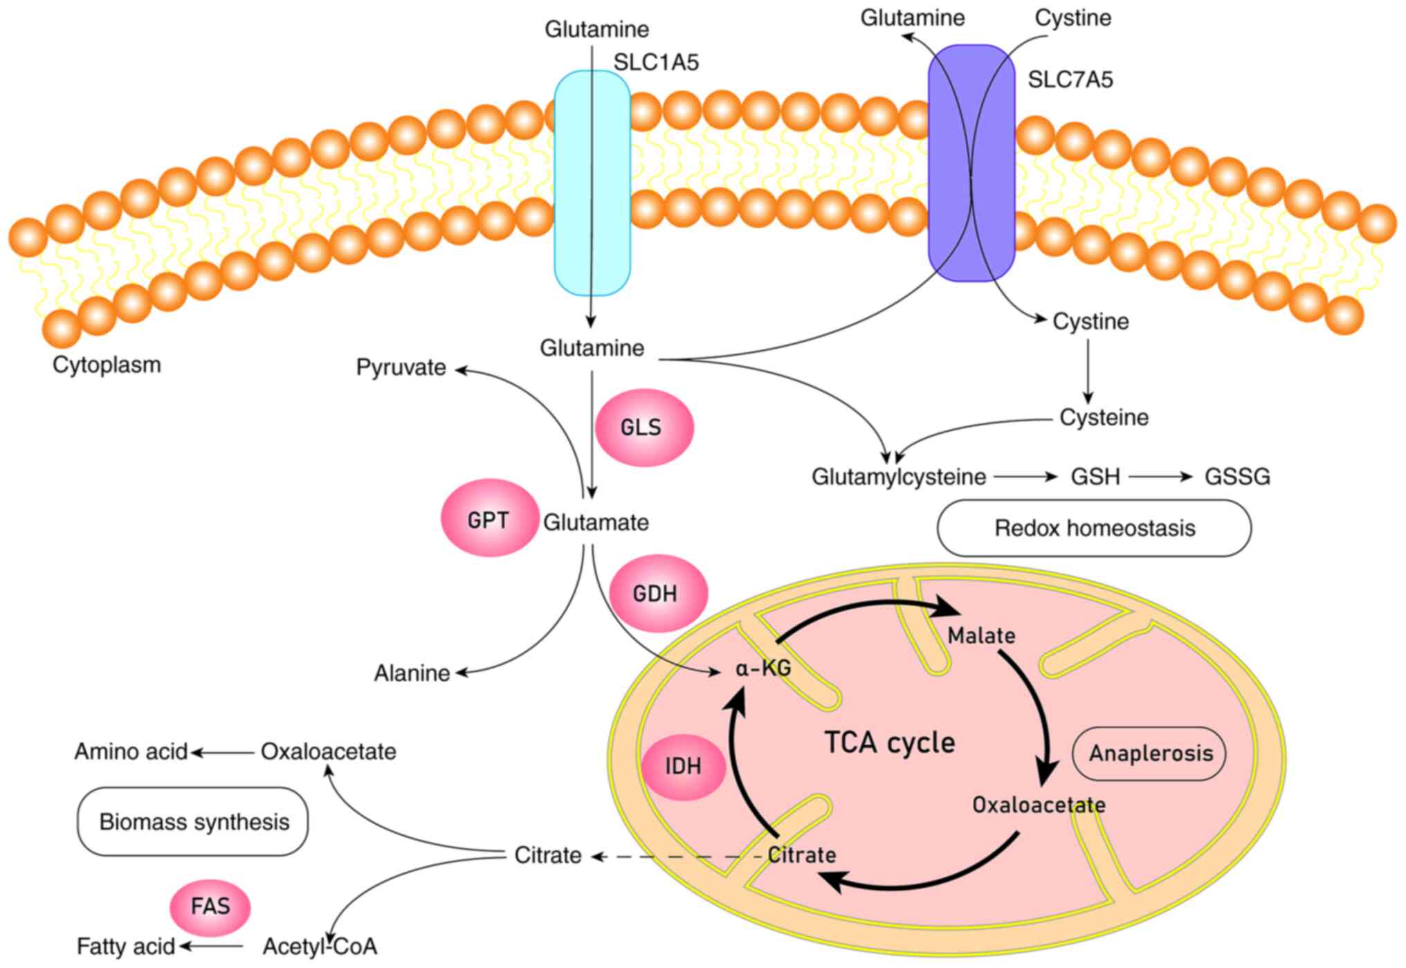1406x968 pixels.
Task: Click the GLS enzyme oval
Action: click(x=643, y=427)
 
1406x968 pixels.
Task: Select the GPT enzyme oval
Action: click(x=489, y=518)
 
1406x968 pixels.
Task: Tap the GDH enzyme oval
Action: click(x=657, y=593)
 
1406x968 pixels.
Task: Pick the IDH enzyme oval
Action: click(x=683, y=765)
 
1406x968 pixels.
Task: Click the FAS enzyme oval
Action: click(x=210, y=906)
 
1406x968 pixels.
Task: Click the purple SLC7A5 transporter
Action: click(x=971, y=163)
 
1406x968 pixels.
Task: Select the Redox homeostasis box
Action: click(x=1094, y=528)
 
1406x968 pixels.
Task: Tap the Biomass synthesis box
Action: click(x=193, y=821)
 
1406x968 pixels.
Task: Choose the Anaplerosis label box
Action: click(x=1149, y=753)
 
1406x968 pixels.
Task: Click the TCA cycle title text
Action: click(x=889, y=742)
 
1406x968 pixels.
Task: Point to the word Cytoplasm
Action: click(x=107, y=365)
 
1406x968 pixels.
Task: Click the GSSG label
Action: click(x=1237, y=477)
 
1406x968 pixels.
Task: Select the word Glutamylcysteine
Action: click(x=898, y=477)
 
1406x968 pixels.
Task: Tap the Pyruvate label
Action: click(x=401, y=367)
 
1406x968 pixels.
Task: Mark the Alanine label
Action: click(x=412, y=673)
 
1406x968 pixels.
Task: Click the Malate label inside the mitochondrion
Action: click(x=980, y=635)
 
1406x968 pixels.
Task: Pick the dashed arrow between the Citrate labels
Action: click(x=678, y=857)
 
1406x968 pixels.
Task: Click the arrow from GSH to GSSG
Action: click(x=1160, y=477)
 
